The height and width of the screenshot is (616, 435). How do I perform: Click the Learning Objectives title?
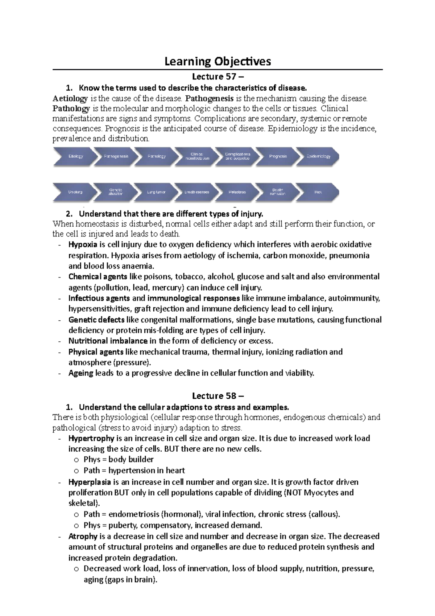(217, 61)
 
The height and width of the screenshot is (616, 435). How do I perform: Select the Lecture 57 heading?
(218, 77)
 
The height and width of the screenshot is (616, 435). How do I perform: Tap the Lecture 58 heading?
(218, 396)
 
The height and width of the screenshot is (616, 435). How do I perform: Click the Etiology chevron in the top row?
(75, 157)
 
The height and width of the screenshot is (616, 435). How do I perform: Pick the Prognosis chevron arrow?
(278, 157)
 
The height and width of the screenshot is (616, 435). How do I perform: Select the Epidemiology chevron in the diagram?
(318, 157)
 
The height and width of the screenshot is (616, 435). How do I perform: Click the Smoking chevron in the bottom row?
(75, 192)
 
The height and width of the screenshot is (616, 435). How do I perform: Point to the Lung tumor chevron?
(156, 192)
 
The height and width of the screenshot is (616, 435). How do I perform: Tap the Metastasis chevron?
(237, 192)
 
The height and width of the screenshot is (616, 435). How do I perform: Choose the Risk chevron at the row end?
(318, 192)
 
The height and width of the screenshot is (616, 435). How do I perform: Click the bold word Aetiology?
(70, 99)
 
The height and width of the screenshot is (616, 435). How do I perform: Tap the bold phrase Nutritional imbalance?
(108, 341)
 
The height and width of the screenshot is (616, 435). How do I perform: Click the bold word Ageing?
(80, 373)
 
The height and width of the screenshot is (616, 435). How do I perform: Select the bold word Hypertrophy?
(91, 439)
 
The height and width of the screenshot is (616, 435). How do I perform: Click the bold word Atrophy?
(83, 537)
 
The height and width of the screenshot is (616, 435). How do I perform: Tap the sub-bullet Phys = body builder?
(118, 460)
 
